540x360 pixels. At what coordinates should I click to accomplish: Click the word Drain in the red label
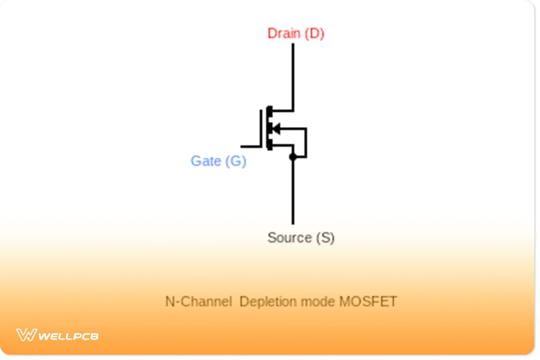pos(284,33)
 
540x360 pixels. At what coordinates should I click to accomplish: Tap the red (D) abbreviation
pos(314,33)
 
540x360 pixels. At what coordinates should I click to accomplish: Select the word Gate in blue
pos(206,161)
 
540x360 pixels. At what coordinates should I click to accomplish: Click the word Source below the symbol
pos(289,238)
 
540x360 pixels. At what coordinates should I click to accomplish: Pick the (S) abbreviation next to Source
pos(325,238)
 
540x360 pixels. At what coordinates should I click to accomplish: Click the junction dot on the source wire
pos(293,157)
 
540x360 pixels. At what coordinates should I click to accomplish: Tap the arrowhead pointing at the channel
pos(276,129)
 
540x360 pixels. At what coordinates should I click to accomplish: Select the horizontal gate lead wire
pos(251,146)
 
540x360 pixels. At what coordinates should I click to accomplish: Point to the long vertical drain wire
pos(293,76)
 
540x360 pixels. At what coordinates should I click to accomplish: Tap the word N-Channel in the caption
pos(198,301)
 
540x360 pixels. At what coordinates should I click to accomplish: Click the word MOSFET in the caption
pos(368,301)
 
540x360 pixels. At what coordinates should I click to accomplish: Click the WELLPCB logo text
pos(68,336)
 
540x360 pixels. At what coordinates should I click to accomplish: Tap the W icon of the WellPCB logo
pos(27,335)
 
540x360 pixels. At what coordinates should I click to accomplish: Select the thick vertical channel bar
pos(269,128)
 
